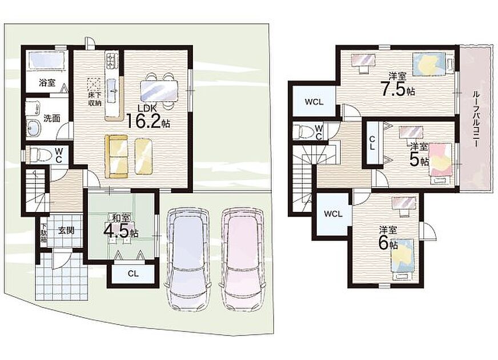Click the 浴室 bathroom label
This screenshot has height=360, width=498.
tap(47, 83)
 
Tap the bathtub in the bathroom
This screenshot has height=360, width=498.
tap(46, 60)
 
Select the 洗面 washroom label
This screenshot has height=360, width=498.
tap(52, 118)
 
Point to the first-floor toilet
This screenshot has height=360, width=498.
tap(40, 155)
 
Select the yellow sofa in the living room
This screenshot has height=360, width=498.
tap(117, 157)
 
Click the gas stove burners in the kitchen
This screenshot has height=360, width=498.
tap(112, 61)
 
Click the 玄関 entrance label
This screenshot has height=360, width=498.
tap(66, 230)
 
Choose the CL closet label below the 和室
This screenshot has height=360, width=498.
tap(133, 273)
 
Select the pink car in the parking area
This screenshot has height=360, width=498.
tap(243, 258)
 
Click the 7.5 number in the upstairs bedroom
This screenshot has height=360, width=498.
tap(394, 90)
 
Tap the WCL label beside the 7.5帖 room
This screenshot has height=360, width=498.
tap(314, 102)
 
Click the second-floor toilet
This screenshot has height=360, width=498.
tap(304, 131)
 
